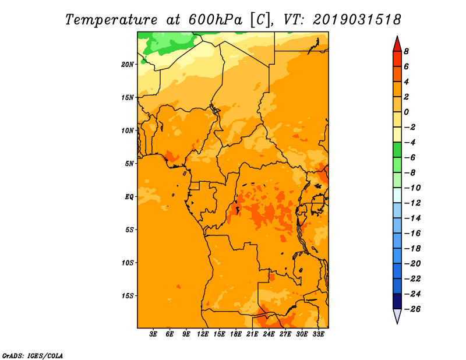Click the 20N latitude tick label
click(x=128, y=65)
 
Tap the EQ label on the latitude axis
click(x=129, y=197)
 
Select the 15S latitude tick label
click(x=128, y=296)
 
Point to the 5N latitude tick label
click(x=129, y=164)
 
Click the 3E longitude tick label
click(x=153, y=334)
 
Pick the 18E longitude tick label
click(x=236, y=334)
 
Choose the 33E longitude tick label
click(x=318, y=334)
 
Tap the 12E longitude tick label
click(x=203, y=334)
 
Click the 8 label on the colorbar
click(x=406, y=51)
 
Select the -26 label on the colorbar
click(x=412, y=309)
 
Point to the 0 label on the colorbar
click(x=406, y=112)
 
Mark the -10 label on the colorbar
click(x=412, y=188)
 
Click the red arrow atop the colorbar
click(x=397, y=45)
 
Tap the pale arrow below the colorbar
click(x=397, y=316)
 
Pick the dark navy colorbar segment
click(x=397, y=301)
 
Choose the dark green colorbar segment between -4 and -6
click(x=397, y=150)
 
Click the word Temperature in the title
click(x=111, y=20)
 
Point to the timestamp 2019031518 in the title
click(x=357, y=20)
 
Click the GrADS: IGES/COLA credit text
click(x=33, y=356)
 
